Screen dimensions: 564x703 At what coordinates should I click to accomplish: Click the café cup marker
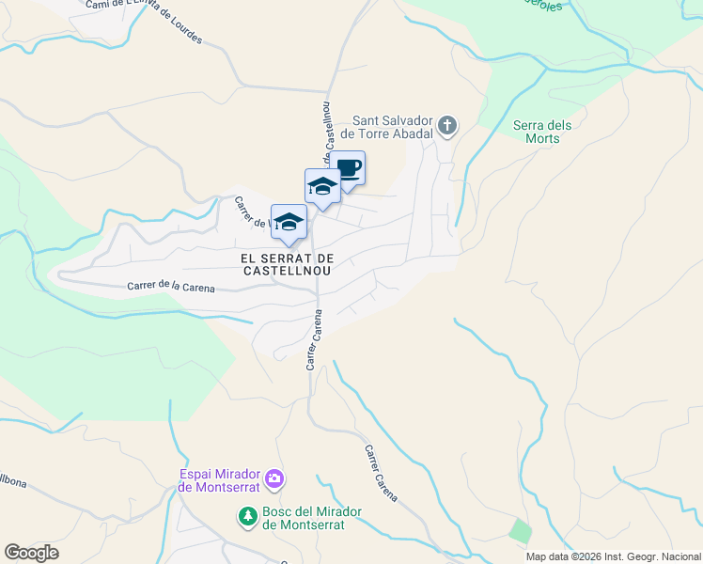pos(348,169)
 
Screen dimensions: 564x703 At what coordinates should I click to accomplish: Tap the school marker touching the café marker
pos(322,186)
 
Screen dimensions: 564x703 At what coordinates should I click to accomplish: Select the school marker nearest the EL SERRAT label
pos(289,223)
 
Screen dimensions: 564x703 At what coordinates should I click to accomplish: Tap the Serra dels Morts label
pos(543,132)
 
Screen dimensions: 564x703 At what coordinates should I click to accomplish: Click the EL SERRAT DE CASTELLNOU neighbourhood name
pos(288,263)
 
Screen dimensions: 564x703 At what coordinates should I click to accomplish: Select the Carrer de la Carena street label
pos(170,287)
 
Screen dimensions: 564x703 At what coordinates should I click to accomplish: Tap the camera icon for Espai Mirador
pos(274,479)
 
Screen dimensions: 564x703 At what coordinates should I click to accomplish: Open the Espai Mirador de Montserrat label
pos(220,480)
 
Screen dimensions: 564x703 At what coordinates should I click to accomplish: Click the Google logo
pos(31,553)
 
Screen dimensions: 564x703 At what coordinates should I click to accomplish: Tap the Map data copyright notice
pos(613,556)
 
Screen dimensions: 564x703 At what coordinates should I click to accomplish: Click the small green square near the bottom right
pos(520,530)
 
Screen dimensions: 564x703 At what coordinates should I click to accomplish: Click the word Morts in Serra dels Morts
pos(543,139)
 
